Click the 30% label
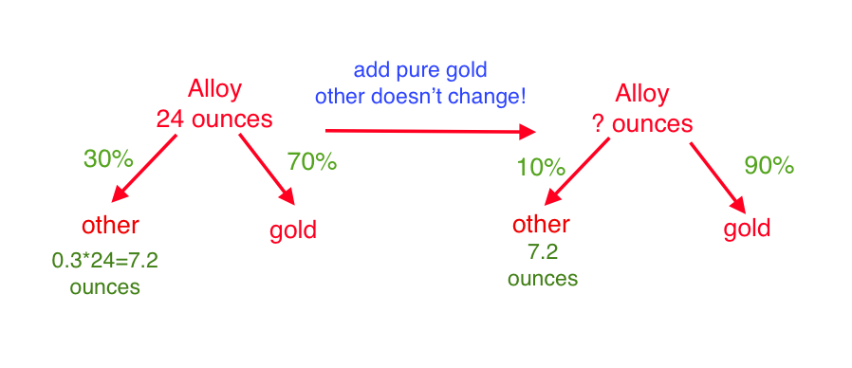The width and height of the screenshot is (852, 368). coord(108,158)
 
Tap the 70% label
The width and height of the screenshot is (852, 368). coord(312,161)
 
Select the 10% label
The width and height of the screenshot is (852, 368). coord(541,168)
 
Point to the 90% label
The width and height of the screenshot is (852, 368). coord(769,166)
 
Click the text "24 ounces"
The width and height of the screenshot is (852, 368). coord(214,120)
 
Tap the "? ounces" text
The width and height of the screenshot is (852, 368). coord(642,124)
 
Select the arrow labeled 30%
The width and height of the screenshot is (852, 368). coord(144,168)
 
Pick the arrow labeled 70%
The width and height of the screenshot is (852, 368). coord(268,169)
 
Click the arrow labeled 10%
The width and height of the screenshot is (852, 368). coord(577,172)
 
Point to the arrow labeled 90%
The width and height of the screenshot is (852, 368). coord(716,178)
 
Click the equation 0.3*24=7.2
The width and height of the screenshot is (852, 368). coord(105,262)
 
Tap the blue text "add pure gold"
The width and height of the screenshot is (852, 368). coord(420,71)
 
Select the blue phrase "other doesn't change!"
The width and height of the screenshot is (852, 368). coord(420,97)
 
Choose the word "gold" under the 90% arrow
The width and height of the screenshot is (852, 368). coord(747,229)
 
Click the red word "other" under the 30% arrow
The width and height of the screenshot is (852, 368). coord(110,225)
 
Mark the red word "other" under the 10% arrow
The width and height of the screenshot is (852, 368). coord(541,224)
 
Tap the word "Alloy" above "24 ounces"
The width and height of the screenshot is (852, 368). coord(214,89)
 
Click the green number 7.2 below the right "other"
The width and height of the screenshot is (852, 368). coord(543,252)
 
